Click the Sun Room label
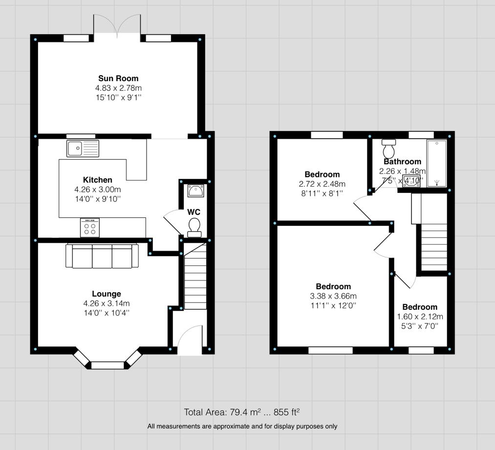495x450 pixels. point(118,78)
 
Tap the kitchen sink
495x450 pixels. point(83,148)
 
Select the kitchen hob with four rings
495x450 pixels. point(89,228)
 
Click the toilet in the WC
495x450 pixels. point(194,226)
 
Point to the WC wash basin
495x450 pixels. point(196,191)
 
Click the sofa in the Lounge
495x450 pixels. point(102,256)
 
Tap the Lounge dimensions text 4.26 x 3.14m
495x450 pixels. point(107,303)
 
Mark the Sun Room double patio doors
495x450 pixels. point(117,24)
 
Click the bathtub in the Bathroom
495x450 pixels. point(437,164)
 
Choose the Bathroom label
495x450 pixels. point(402,162)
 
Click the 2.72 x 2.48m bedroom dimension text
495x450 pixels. point(322,184)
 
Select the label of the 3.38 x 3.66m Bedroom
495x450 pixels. point(333,287)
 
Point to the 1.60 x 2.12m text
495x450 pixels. point(420,317)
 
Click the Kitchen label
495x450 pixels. point(97,180)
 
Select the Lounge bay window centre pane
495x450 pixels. point(108,365)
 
